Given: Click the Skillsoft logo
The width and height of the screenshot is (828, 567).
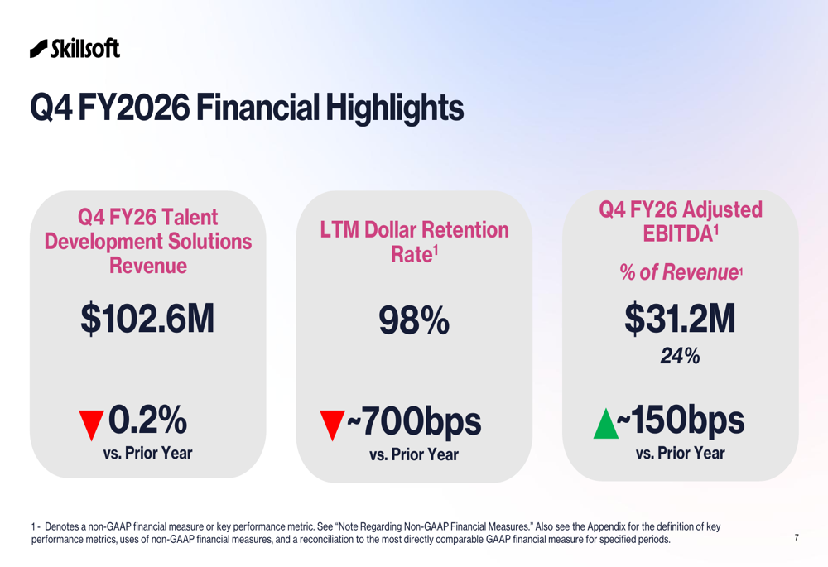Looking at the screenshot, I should [75, 48].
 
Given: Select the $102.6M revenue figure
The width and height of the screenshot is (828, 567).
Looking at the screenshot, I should [147, 319].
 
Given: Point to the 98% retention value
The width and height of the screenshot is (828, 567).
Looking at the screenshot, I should [414, 320].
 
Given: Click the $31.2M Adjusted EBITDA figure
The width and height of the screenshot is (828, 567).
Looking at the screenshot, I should [680, 319].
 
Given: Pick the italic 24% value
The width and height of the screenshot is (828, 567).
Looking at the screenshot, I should [680, 356].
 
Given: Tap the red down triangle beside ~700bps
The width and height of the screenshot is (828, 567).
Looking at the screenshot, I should [331, 425].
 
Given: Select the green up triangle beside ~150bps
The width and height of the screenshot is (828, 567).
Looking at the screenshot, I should [606, 425].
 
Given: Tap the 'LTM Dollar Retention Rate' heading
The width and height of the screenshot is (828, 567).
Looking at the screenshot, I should [414, 242].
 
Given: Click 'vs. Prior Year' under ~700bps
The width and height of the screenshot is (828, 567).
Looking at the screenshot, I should [413, 454].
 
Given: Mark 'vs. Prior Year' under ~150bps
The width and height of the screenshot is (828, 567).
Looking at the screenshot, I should [680, 453].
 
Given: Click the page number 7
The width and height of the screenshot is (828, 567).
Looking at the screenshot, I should [797, 538].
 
